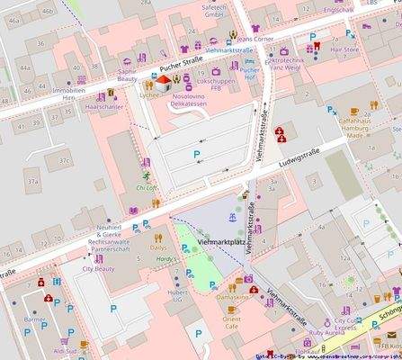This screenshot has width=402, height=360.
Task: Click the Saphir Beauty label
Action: click(x=127, y=74)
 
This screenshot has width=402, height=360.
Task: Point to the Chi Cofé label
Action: click(x=146, y=187)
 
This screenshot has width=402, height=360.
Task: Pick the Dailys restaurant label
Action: click(x=158, y=247)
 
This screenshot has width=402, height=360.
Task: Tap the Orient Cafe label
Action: click(x=231, y=323)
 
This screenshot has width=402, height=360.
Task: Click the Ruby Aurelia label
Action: click(x=326, y=332)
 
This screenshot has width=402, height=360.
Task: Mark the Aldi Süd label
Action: click(x=65, y=352)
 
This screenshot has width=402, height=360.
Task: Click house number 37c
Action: click(x=63, y=161)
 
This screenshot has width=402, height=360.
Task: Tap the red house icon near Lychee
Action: click(x=162, y=81)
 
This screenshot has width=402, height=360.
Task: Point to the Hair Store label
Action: click(x=345, y=50)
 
